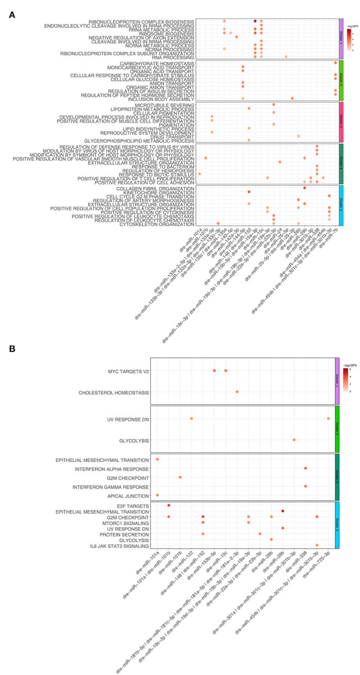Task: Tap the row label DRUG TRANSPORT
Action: tap(179, 136)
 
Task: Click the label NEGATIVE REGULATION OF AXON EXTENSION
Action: tap(150, 37)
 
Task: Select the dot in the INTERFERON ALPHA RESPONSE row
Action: tap(306, 468)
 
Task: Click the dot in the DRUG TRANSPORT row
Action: tap(298, 136)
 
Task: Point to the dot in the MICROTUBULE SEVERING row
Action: tap(273, 104)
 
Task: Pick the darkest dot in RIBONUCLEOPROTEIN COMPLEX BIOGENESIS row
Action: tap(255, 21)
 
